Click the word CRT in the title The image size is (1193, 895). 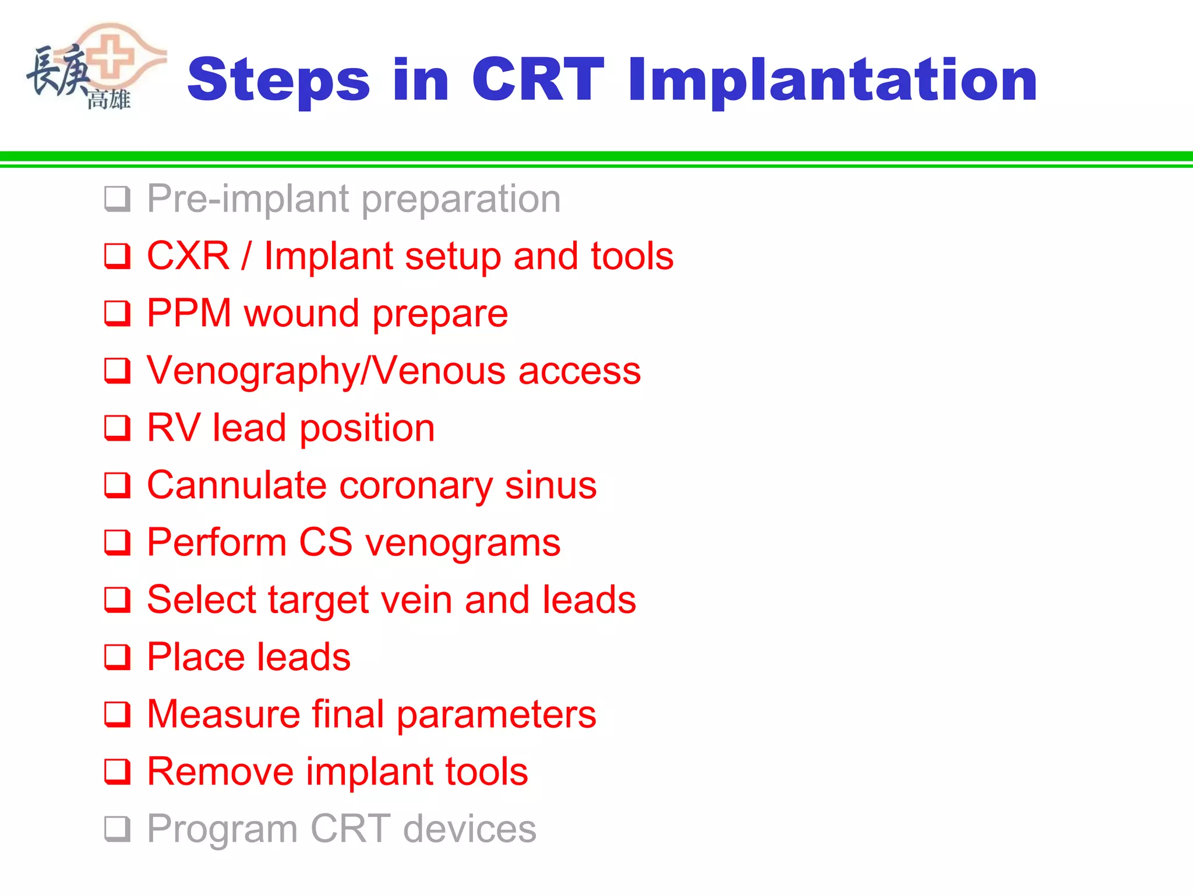point(537,80)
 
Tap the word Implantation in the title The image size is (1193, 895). point(832,80)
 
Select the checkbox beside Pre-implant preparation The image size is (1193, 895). point(117,199)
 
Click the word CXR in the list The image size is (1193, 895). point(188,256)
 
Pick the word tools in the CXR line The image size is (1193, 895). point(632,256)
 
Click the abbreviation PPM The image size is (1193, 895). point(189,313)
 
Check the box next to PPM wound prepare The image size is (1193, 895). point(117,313)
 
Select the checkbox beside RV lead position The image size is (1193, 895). point(117,428)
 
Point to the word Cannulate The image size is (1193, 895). point(237,485)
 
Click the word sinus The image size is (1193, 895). point(550,485)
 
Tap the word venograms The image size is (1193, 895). point(463,542)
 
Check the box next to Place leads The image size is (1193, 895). point(117,657)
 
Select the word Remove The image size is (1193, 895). point(220,771)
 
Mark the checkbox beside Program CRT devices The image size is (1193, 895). point(117,829)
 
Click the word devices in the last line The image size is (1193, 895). point(470,829)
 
